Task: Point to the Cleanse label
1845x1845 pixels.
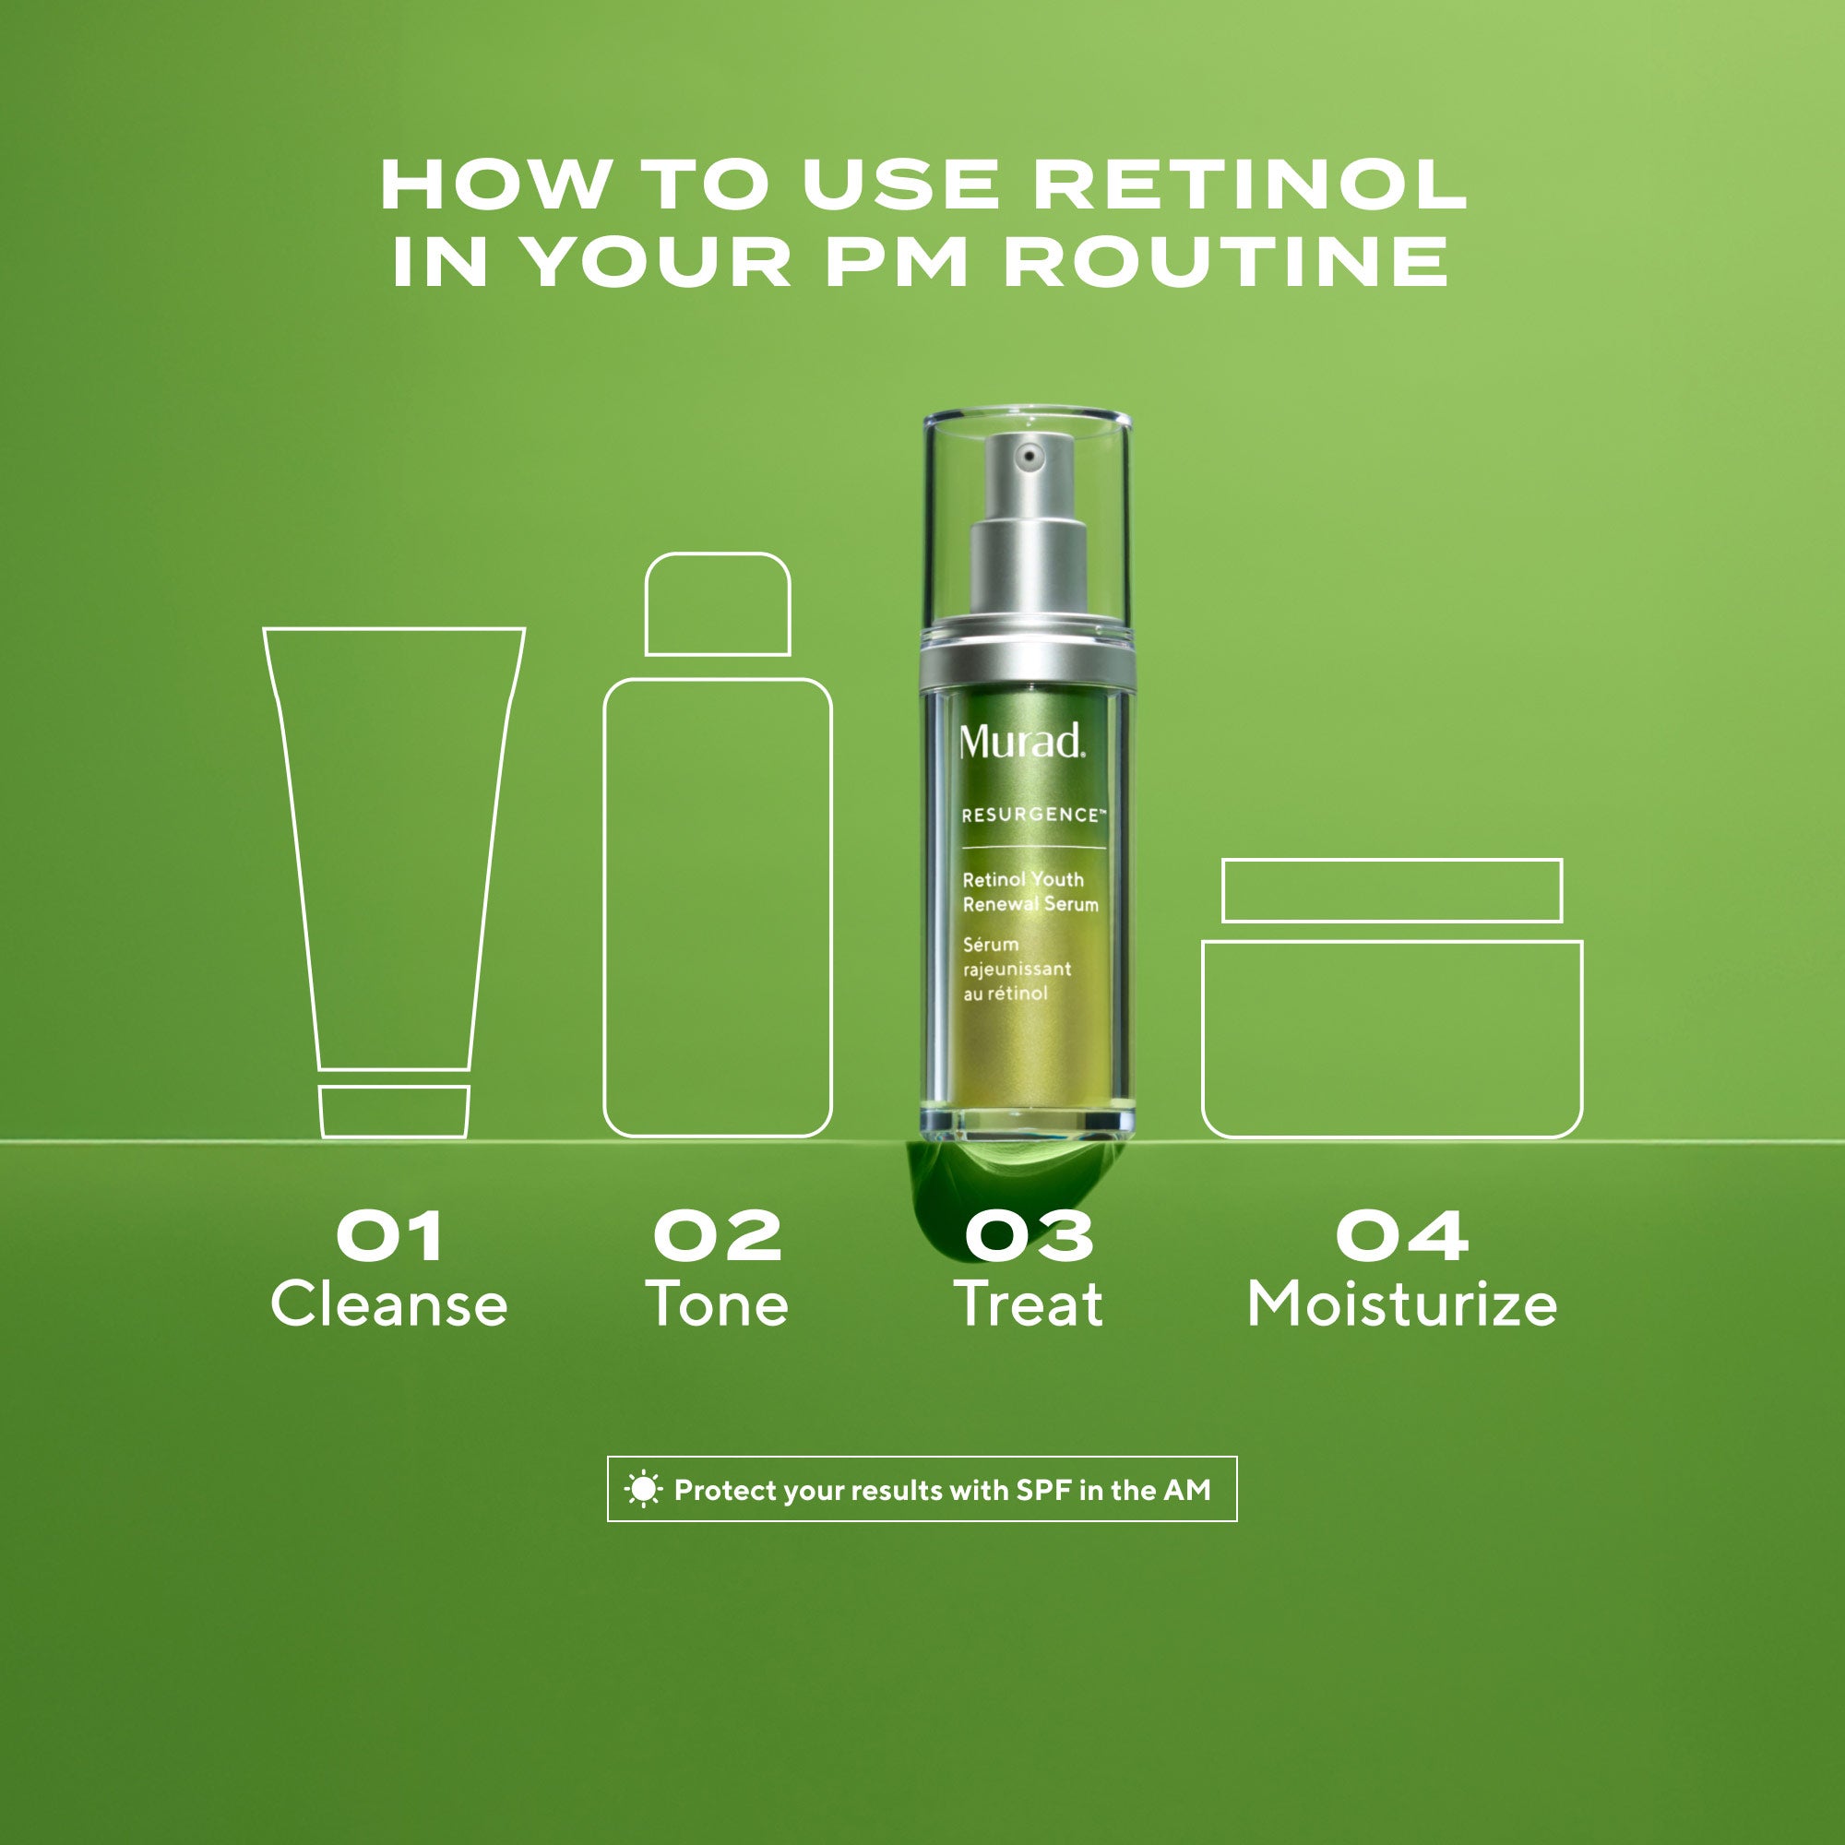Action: [389, 1304]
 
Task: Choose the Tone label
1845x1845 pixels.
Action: [717, 1304]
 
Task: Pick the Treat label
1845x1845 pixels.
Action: [1029, 1304]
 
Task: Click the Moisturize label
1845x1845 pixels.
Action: [1402, 1304]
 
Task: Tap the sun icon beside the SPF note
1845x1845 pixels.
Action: [643, 1490]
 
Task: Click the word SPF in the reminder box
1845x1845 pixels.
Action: [1043, 1490]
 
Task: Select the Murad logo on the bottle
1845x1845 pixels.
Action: [1022, 742]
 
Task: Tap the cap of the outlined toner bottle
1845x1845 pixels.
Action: [717, 604]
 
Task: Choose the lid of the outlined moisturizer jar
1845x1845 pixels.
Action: [1392, 891]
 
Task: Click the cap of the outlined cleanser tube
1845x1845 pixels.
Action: [394, 1112]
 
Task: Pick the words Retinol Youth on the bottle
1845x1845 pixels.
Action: [1023, 879]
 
